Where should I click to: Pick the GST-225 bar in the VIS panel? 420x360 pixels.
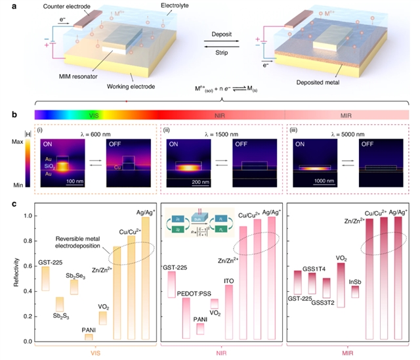(45, 279)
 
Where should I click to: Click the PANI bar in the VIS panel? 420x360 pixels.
(89, 336)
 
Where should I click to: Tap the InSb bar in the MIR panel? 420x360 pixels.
(355, 291)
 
